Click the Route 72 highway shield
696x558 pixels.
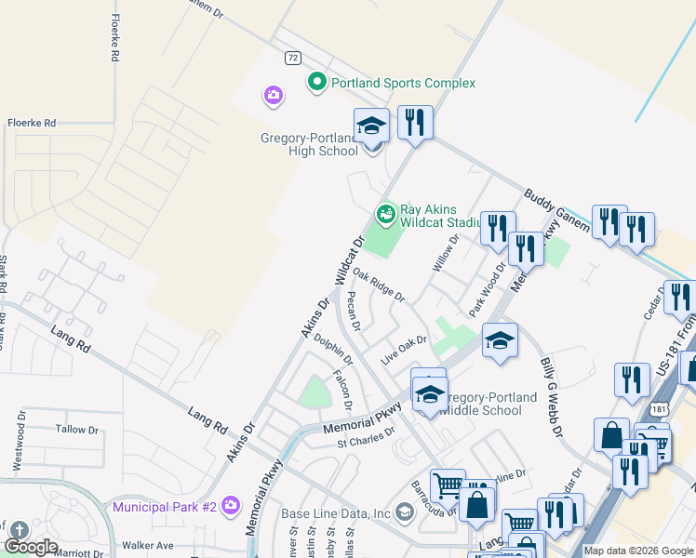tap(292, 58)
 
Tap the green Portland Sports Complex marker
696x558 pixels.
tap(316, 83)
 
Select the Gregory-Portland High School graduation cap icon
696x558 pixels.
tap(371, 126)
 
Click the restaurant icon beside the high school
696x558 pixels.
tap(415, 122)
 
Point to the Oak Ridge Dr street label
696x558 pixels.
tap(378, 286)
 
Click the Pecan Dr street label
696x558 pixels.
tap(353, 310)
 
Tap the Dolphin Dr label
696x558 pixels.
tap(333, 350)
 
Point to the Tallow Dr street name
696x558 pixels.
tap(76, 430)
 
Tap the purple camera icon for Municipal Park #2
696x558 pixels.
tap(231, 506)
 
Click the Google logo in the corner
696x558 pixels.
tap(31, 547)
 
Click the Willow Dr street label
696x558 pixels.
tap(446, 253)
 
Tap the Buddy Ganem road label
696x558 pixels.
tap(555, 212)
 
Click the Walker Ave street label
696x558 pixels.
tap(142, 545)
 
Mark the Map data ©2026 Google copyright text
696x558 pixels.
tap(637, 551)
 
